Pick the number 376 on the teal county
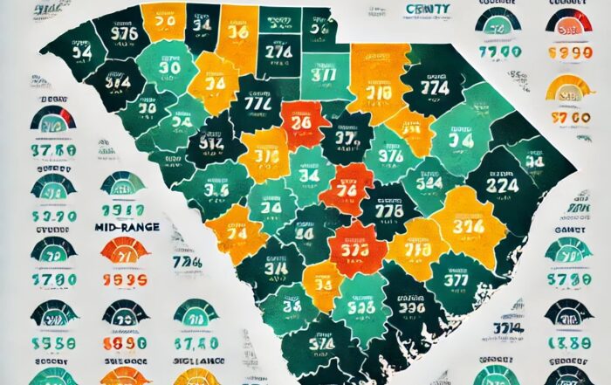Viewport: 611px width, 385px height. click(383, 154)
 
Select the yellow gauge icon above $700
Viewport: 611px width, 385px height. click(568, 88)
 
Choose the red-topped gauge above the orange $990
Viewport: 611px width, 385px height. click(568, 20)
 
